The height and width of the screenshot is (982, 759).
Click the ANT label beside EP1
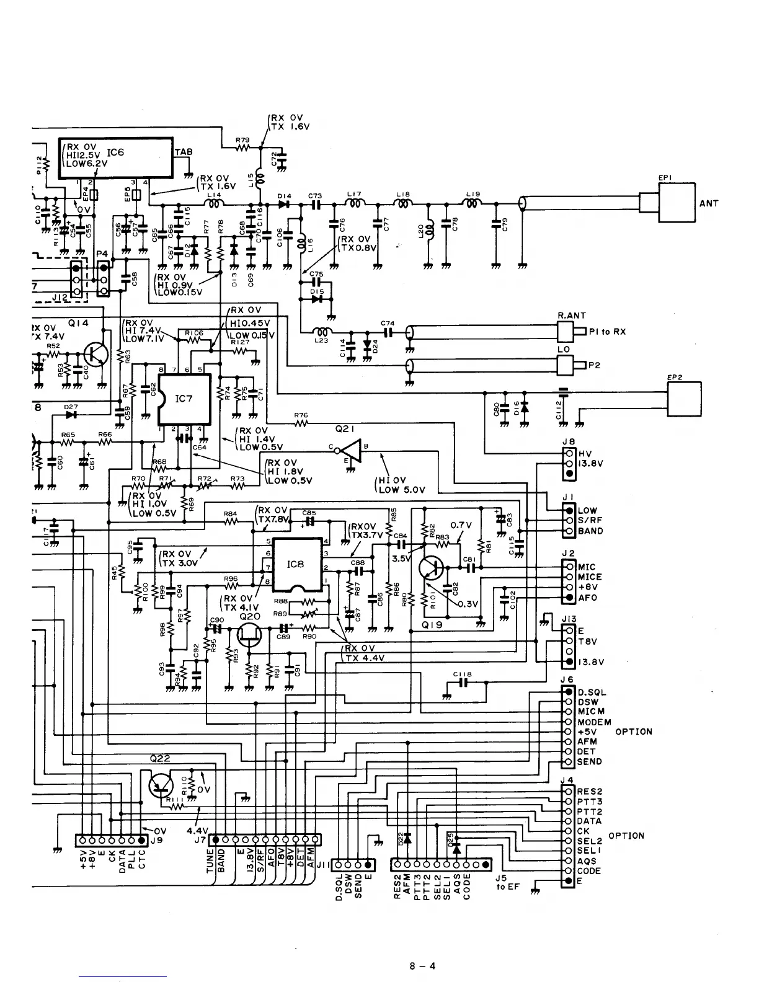[x=709, y=203]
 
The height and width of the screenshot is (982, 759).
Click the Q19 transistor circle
[x=430, y=568]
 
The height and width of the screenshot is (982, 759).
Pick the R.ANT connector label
[x=571, y=316]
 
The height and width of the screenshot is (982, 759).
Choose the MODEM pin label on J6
[x=594, y=722]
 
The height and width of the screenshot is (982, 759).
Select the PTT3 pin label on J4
[x=590, y=802]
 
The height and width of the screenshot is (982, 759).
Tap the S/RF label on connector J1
[x=590, y=521]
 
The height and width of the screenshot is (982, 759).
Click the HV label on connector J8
[x=584, y=453]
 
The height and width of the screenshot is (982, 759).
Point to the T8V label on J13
[x=587, y=642]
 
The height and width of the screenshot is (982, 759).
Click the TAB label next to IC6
[x=184, y=152]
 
